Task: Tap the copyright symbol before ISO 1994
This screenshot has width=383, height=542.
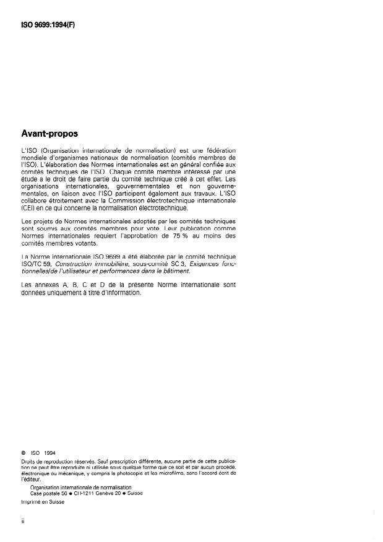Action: click(x=23, y=452)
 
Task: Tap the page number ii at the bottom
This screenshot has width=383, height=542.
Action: click(x=22, y=522)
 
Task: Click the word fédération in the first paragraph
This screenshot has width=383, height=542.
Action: click(x=219, y=151)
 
